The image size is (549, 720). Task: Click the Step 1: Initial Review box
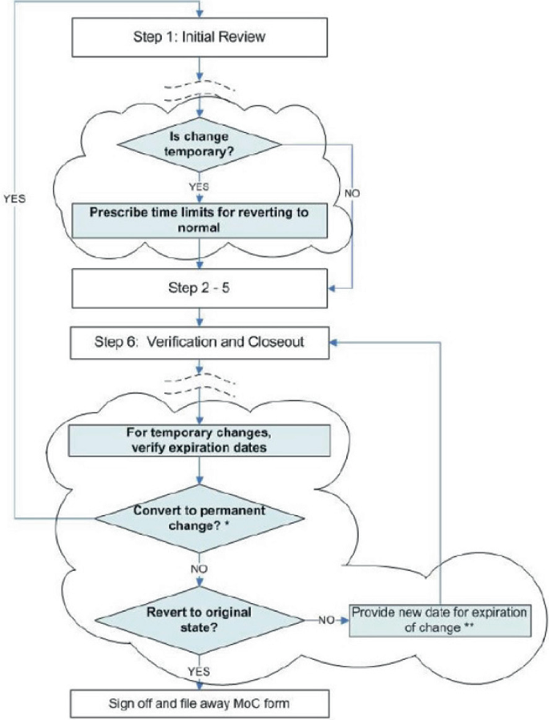[x=201, y=37]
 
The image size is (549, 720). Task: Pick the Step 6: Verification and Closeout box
[x=201, y=343]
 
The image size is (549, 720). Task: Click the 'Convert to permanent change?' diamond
[x=200, y=517]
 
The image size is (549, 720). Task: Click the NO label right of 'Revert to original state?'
[x=327, y=620]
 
